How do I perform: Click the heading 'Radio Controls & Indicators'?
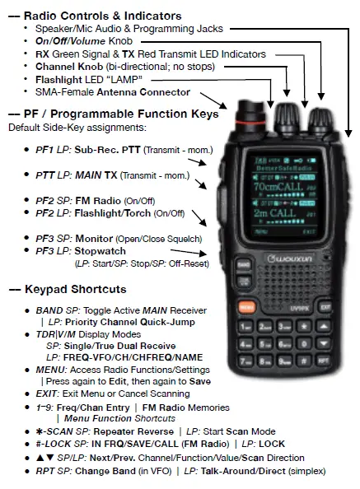(99, 16)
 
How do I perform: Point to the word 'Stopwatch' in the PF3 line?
(100, 251)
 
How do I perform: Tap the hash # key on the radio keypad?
(306, 360)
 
